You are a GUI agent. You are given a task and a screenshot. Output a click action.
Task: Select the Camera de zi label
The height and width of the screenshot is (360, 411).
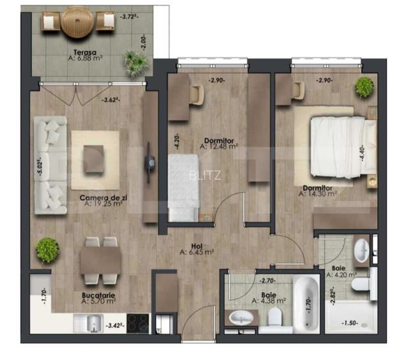104,198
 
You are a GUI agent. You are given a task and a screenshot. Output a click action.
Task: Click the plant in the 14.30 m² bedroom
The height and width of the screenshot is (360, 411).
364,86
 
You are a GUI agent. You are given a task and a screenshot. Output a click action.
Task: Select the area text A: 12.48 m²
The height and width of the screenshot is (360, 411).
219,146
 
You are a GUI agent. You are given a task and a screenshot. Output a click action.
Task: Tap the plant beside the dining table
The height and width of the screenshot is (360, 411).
47,249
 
